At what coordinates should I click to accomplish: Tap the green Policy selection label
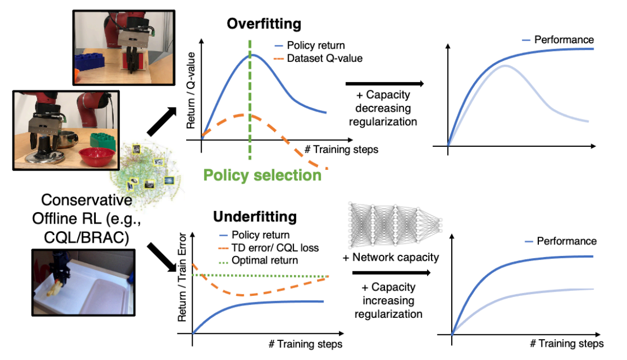pyautogui.click(x=262, y=175)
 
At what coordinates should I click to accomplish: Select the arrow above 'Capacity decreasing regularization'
pyautogui.click(x=385, y=84)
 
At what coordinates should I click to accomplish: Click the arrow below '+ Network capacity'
pyautogui.click(x=388, y=272)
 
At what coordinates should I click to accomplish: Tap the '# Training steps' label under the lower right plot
pyautogui.click(x=567, y=344)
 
